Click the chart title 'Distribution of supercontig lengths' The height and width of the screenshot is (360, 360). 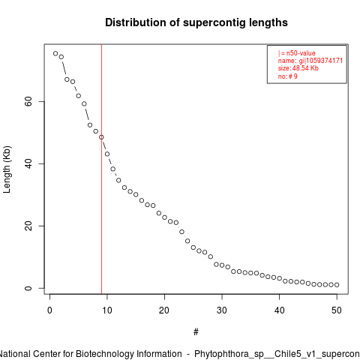click(x=196, y=22)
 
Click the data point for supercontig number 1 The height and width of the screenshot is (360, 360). click(x=55, y=53)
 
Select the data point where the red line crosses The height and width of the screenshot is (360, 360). click(x=101, y=137)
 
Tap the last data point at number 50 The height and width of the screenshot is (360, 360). click(x=337, y=285)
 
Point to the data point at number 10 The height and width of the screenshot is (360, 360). click(x=107, y=154)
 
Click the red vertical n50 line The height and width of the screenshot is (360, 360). click(x=101, y=169)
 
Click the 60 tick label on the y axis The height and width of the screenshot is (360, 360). click(x=28, y=101)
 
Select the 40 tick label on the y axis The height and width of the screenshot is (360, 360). click(x=28, y=163)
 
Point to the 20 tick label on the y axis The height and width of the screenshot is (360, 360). click(x=28, y=226)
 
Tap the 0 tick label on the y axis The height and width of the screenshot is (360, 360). click(x=28, y=288)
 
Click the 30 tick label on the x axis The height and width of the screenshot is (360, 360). click(x=222, y=310)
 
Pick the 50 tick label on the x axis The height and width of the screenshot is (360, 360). click(x=337, y=310)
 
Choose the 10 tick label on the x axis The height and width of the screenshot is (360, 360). click(x=107, y=310)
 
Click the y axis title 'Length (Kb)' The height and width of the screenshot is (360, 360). click(x=7, y=169)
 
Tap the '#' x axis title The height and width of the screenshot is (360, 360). click(x=196, y=332)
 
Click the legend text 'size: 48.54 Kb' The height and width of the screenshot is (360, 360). click(x=298, y=68)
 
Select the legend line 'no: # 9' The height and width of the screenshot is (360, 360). click(x=288, y=76)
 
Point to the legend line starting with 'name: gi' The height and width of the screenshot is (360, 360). click(x=310, y=61)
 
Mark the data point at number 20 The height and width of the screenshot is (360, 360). click(x=164, y=217)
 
